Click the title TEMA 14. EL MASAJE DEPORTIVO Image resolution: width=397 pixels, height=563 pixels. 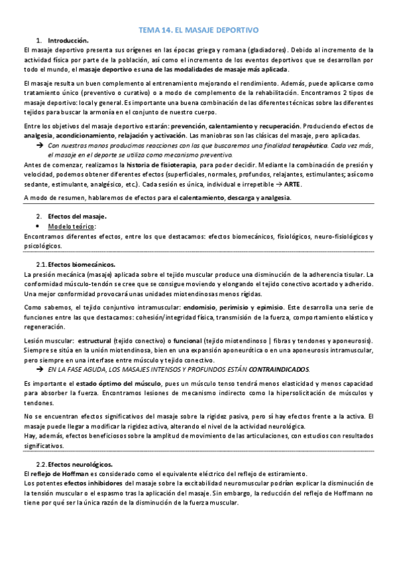tap(198, 31)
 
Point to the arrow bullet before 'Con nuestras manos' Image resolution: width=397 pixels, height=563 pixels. tap(39, 145)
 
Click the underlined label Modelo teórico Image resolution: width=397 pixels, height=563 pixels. tap(76, 226)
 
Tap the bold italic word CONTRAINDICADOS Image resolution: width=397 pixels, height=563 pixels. tap(279, 368)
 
